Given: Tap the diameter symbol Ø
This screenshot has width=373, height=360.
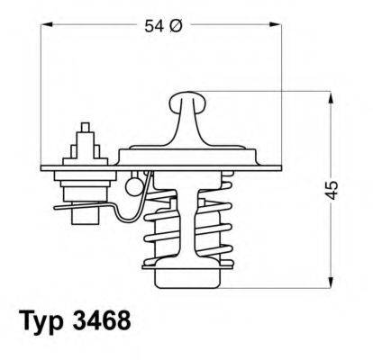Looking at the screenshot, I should [x=176, y=28].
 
